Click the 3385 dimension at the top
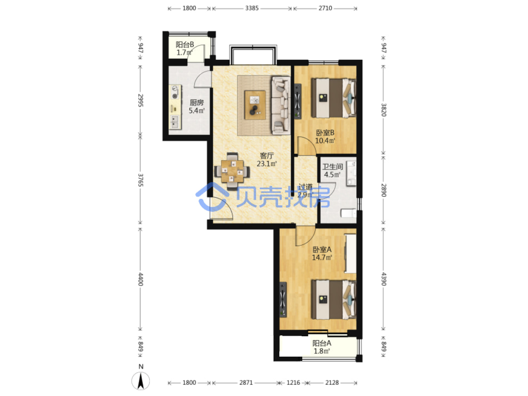tap(252, 8)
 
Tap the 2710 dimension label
tap(325, 8)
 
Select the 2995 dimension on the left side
tap(141, 100)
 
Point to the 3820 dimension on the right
tap(384, 110)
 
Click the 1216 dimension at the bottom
tap(293, 383)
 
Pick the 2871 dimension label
tap(246, 383)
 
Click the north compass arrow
tap(141, 380)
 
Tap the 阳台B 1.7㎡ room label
tap(185, 48)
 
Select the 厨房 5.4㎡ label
tap(196, 106)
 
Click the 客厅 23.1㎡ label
tap(266, 160)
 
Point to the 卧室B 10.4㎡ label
tap(325, 136)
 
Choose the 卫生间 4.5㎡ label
tap(333, 171)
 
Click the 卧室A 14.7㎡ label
tap(322, 254)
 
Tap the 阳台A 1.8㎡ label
tap(322, 347)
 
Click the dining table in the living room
tap(232, 171)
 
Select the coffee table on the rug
tap(255, 105)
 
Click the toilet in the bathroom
tap(349, 213)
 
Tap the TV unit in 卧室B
tap(298, 101)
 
